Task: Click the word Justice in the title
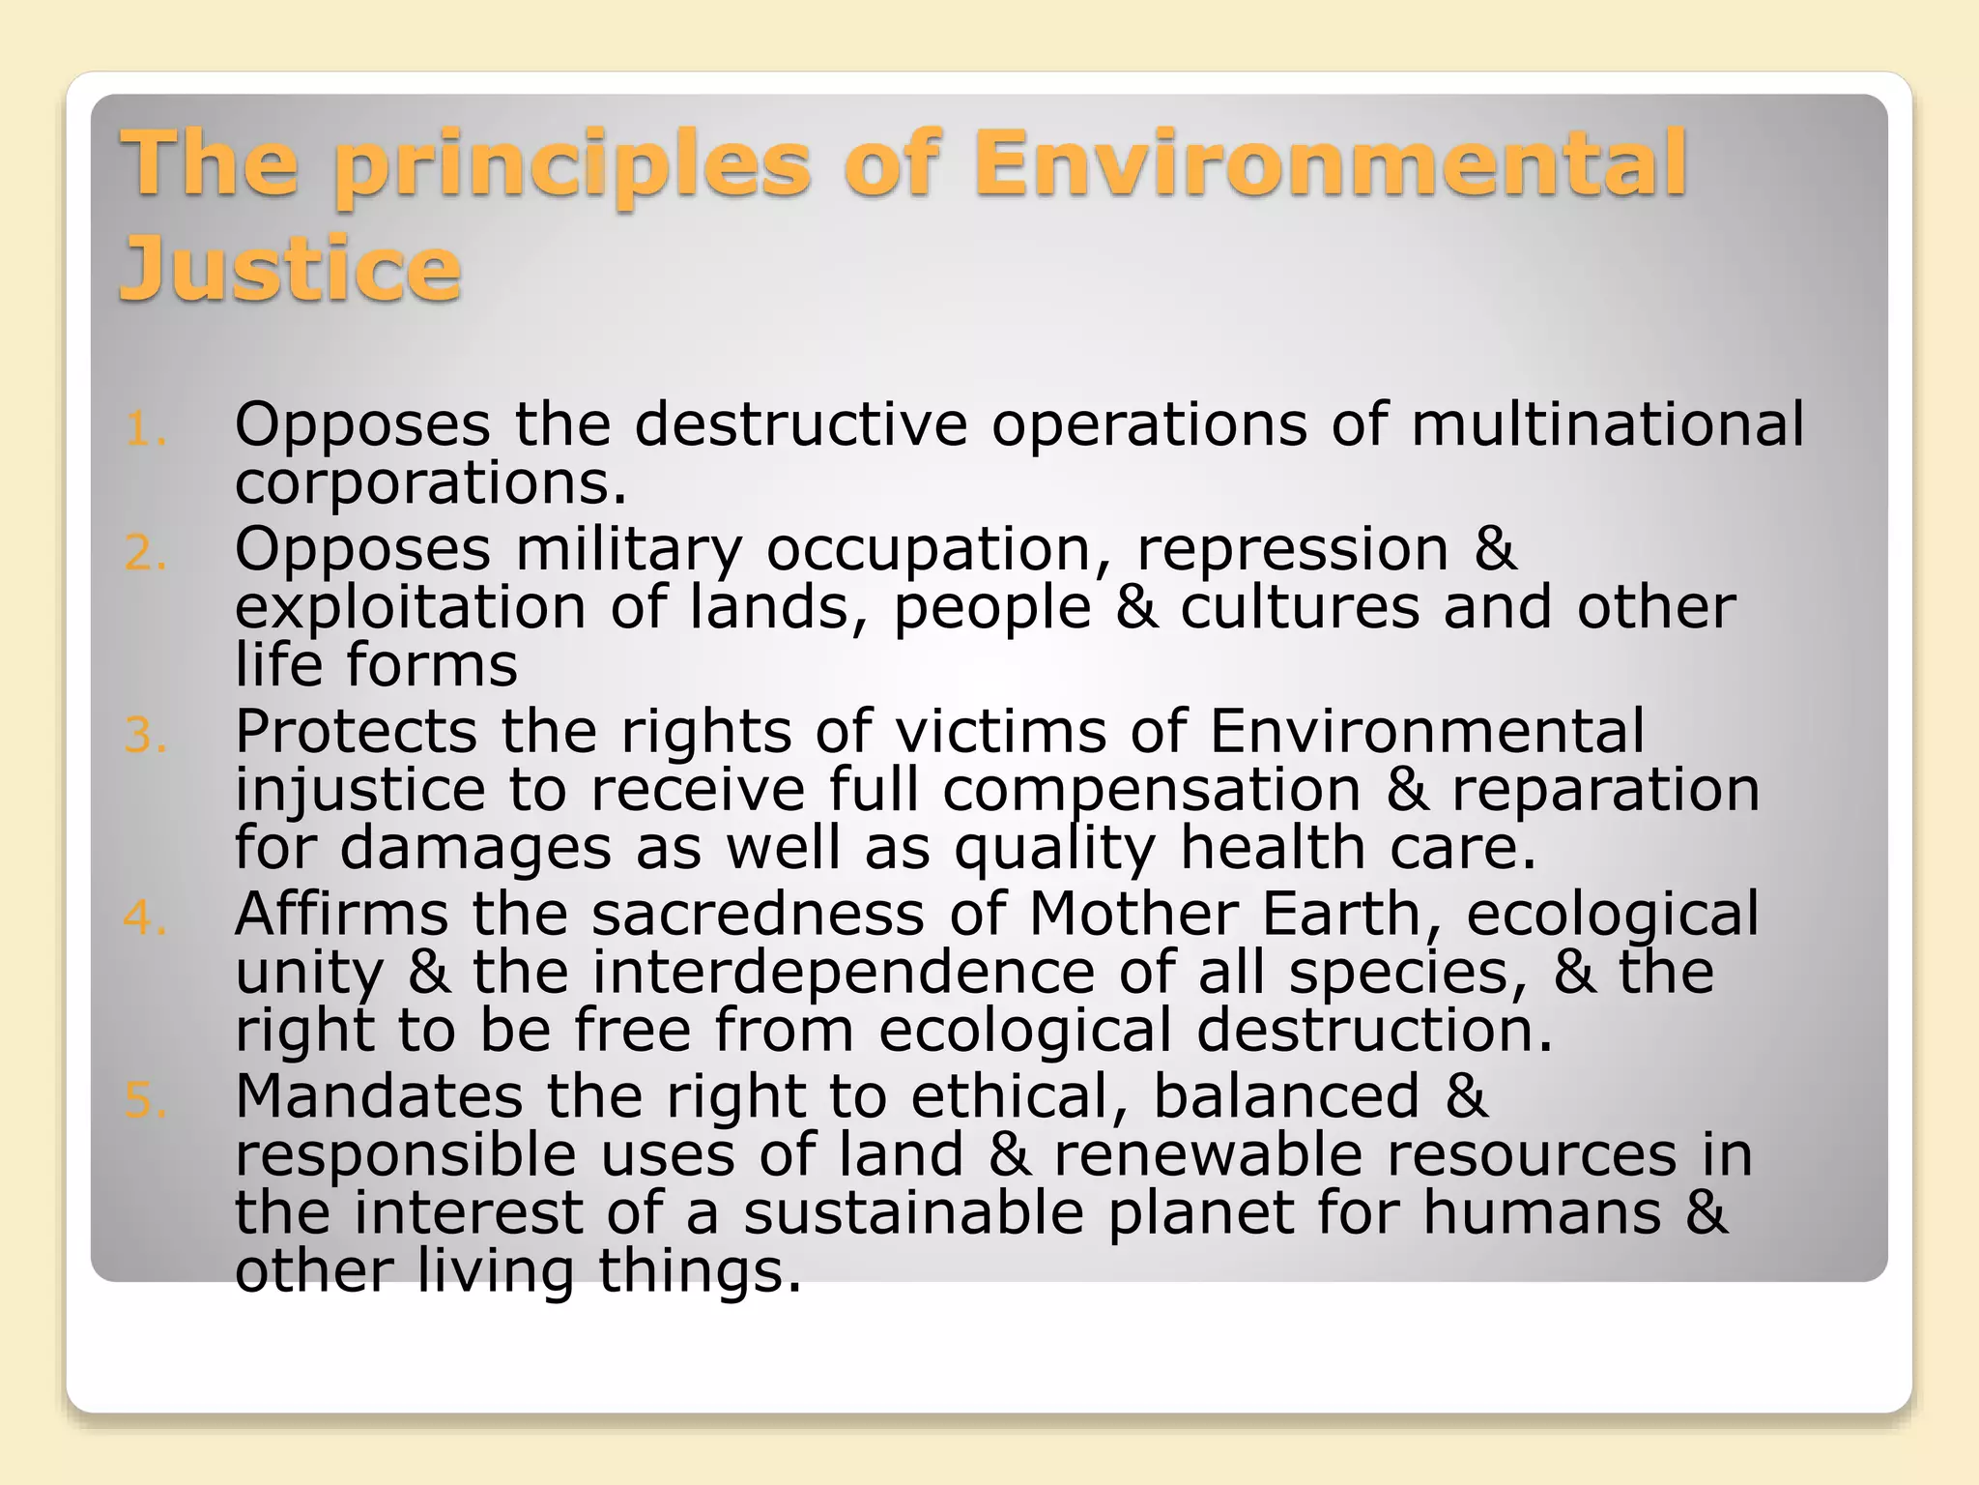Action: point(290,269)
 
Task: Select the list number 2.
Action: point(145,554)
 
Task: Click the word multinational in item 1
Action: point(1607,424)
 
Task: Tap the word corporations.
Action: point(431,483)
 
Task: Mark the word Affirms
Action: point(341,915)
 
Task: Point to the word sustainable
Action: point(913,1213)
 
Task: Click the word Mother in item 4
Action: point(1133,915)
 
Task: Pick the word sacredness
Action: point(758,915)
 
